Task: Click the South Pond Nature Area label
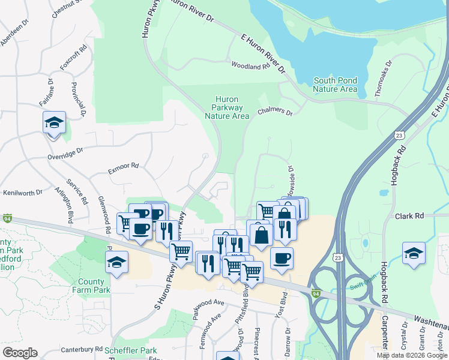335,85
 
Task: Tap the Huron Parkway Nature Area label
227,107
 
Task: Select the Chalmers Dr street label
275,112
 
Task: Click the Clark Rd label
409,215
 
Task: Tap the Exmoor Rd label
123,166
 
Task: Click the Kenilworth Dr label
23,193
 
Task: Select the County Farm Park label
94,286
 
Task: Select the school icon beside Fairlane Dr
54,123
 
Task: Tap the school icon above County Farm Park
116,262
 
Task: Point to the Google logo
20,353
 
